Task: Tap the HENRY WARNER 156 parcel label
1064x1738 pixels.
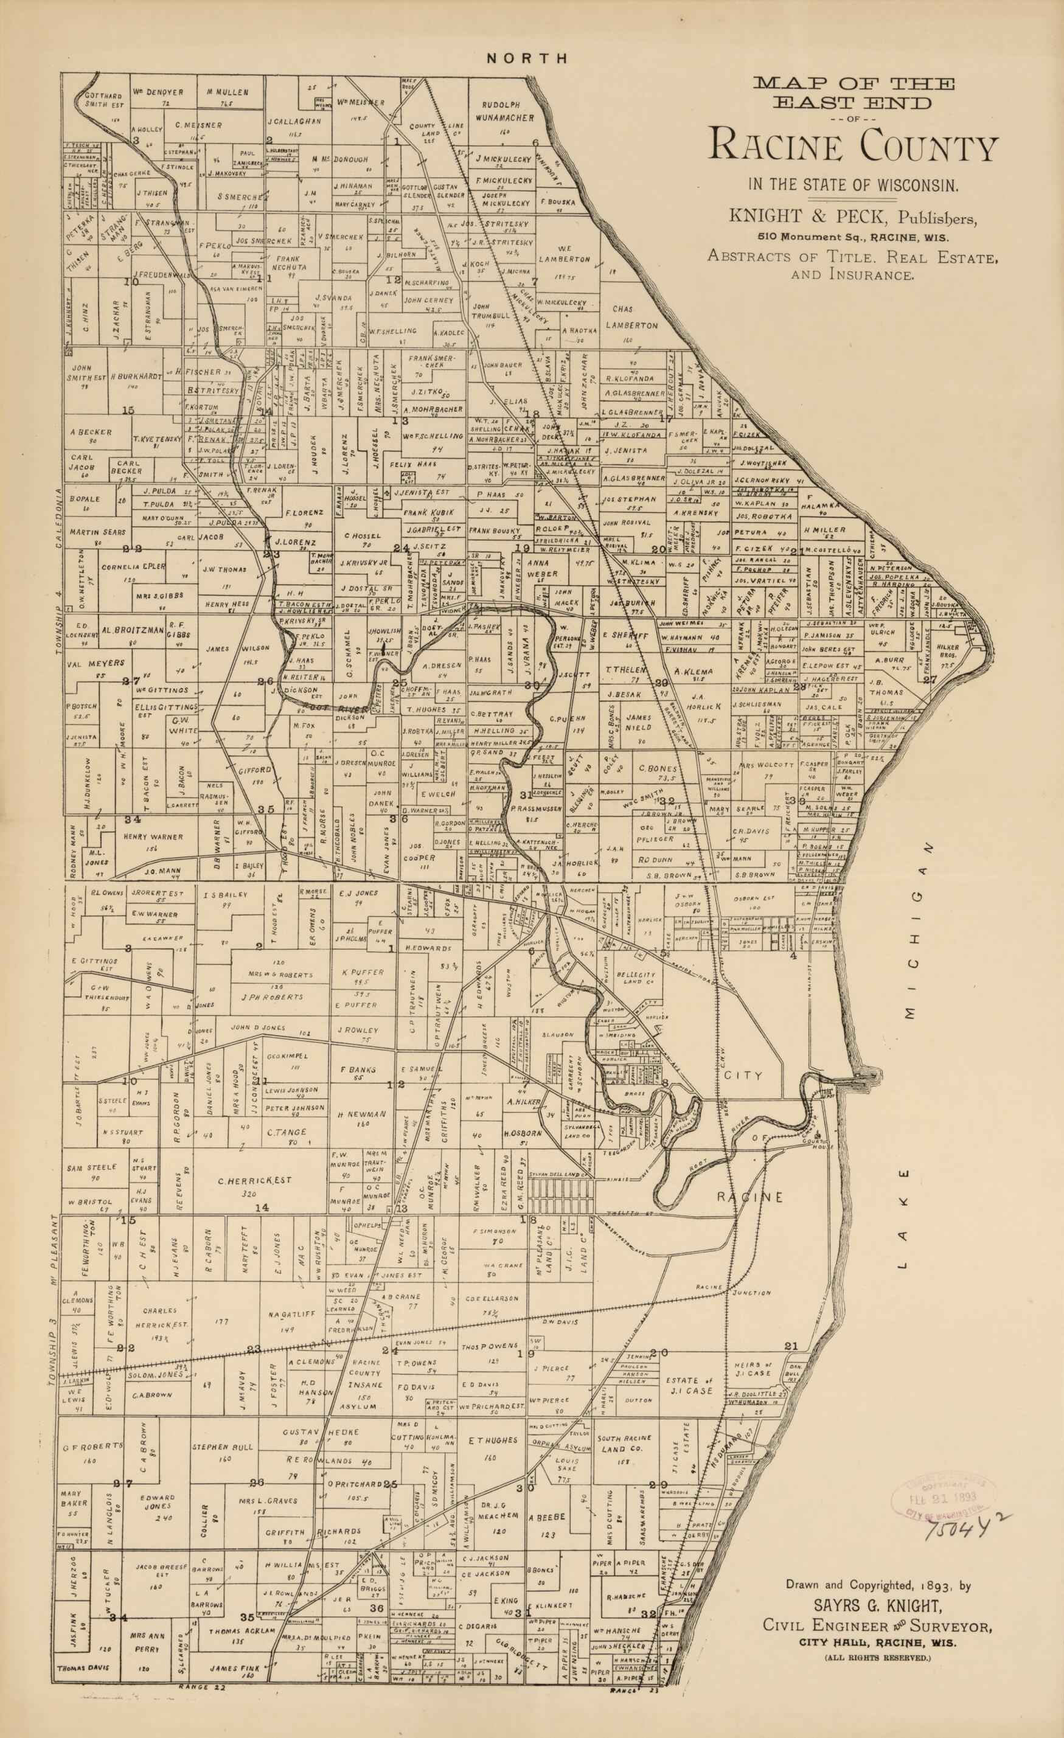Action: tap(153, 841)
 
